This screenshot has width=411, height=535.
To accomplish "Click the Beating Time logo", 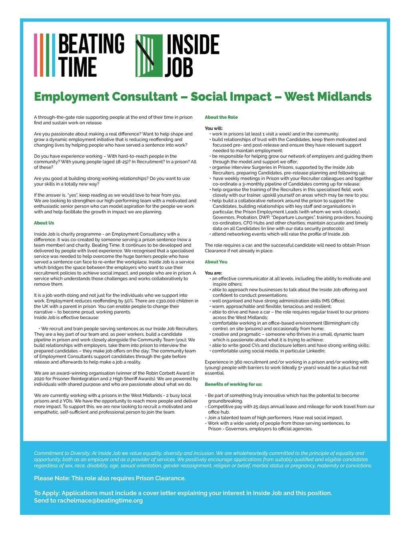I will point(79,55).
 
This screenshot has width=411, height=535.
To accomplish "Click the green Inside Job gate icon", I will point(149,56).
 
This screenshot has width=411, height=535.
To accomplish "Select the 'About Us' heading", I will point(44,223).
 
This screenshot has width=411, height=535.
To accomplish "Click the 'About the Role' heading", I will point(221,117).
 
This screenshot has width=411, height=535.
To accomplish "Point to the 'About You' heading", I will point(216,262).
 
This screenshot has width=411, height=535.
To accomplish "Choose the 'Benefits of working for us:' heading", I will point(233,384).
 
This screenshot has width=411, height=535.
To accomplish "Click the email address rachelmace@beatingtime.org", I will point(100,500).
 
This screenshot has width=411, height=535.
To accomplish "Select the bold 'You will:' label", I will point(214,128).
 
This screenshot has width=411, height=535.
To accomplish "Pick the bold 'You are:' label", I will point(213,273).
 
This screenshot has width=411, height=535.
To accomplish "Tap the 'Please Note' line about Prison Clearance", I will point(110,478).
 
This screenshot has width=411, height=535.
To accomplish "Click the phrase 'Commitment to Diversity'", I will point(62,453).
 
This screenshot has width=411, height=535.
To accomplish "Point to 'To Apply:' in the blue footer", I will point(47,493).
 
